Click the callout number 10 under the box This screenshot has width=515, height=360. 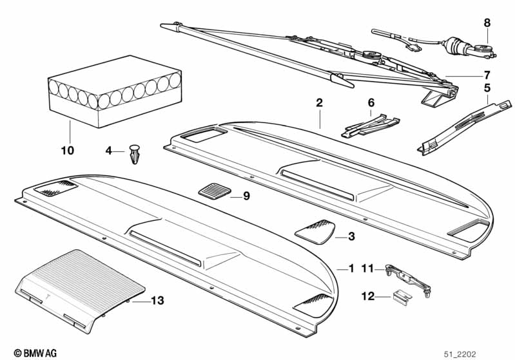point(68,151)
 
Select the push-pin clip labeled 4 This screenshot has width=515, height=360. point(135,153)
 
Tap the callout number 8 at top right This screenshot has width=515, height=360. point(487,23)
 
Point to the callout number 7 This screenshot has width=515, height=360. point(487,75)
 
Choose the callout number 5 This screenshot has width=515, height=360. point(487,87)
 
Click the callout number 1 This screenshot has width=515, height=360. point(351,267)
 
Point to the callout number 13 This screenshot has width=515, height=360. point(157,300)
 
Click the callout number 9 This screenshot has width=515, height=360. point(246,196)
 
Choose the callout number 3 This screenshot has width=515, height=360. point(351,237)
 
